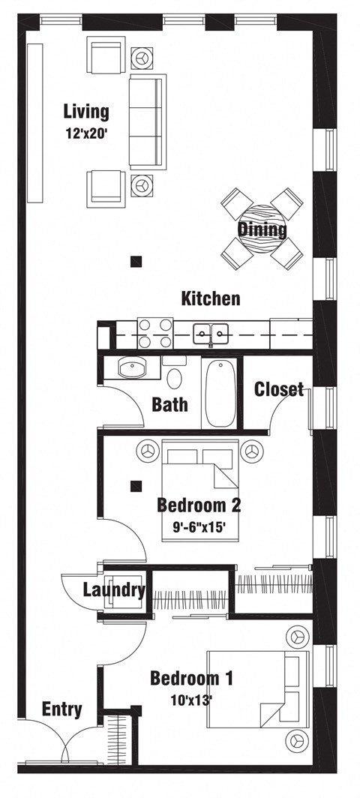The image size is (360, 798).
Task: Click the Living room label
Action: (85, 112)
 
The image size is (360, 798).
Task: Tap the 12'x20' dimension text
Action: (86, 136)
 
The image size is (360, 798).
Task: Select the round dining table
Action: (262, 227)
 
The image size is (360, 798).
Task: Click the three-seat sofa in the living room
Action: (147, 120)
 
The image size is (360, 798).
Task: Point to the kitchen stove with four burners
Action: (155, 334)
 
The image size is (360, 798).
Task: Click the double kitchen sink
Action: (211, 333)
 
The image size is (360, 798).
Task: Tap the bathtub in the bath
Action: (220, 394)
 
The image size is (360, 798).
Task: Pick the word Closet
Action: (279, 388)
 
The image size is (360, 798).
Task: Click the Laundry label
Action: (114, 590)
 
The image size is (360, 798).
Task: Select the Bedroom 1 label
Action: (191, 679)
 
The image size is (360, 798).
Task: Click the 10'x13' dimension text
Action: (190, 700)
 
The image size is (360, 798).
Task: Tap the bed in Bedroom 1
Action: (259, 689)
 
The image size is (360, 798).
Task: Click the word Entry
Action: (62, 709)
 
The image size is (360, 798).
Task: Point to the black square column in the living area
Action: (136, 262)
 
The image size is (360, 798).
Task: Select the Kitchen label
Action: (211, 299)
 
